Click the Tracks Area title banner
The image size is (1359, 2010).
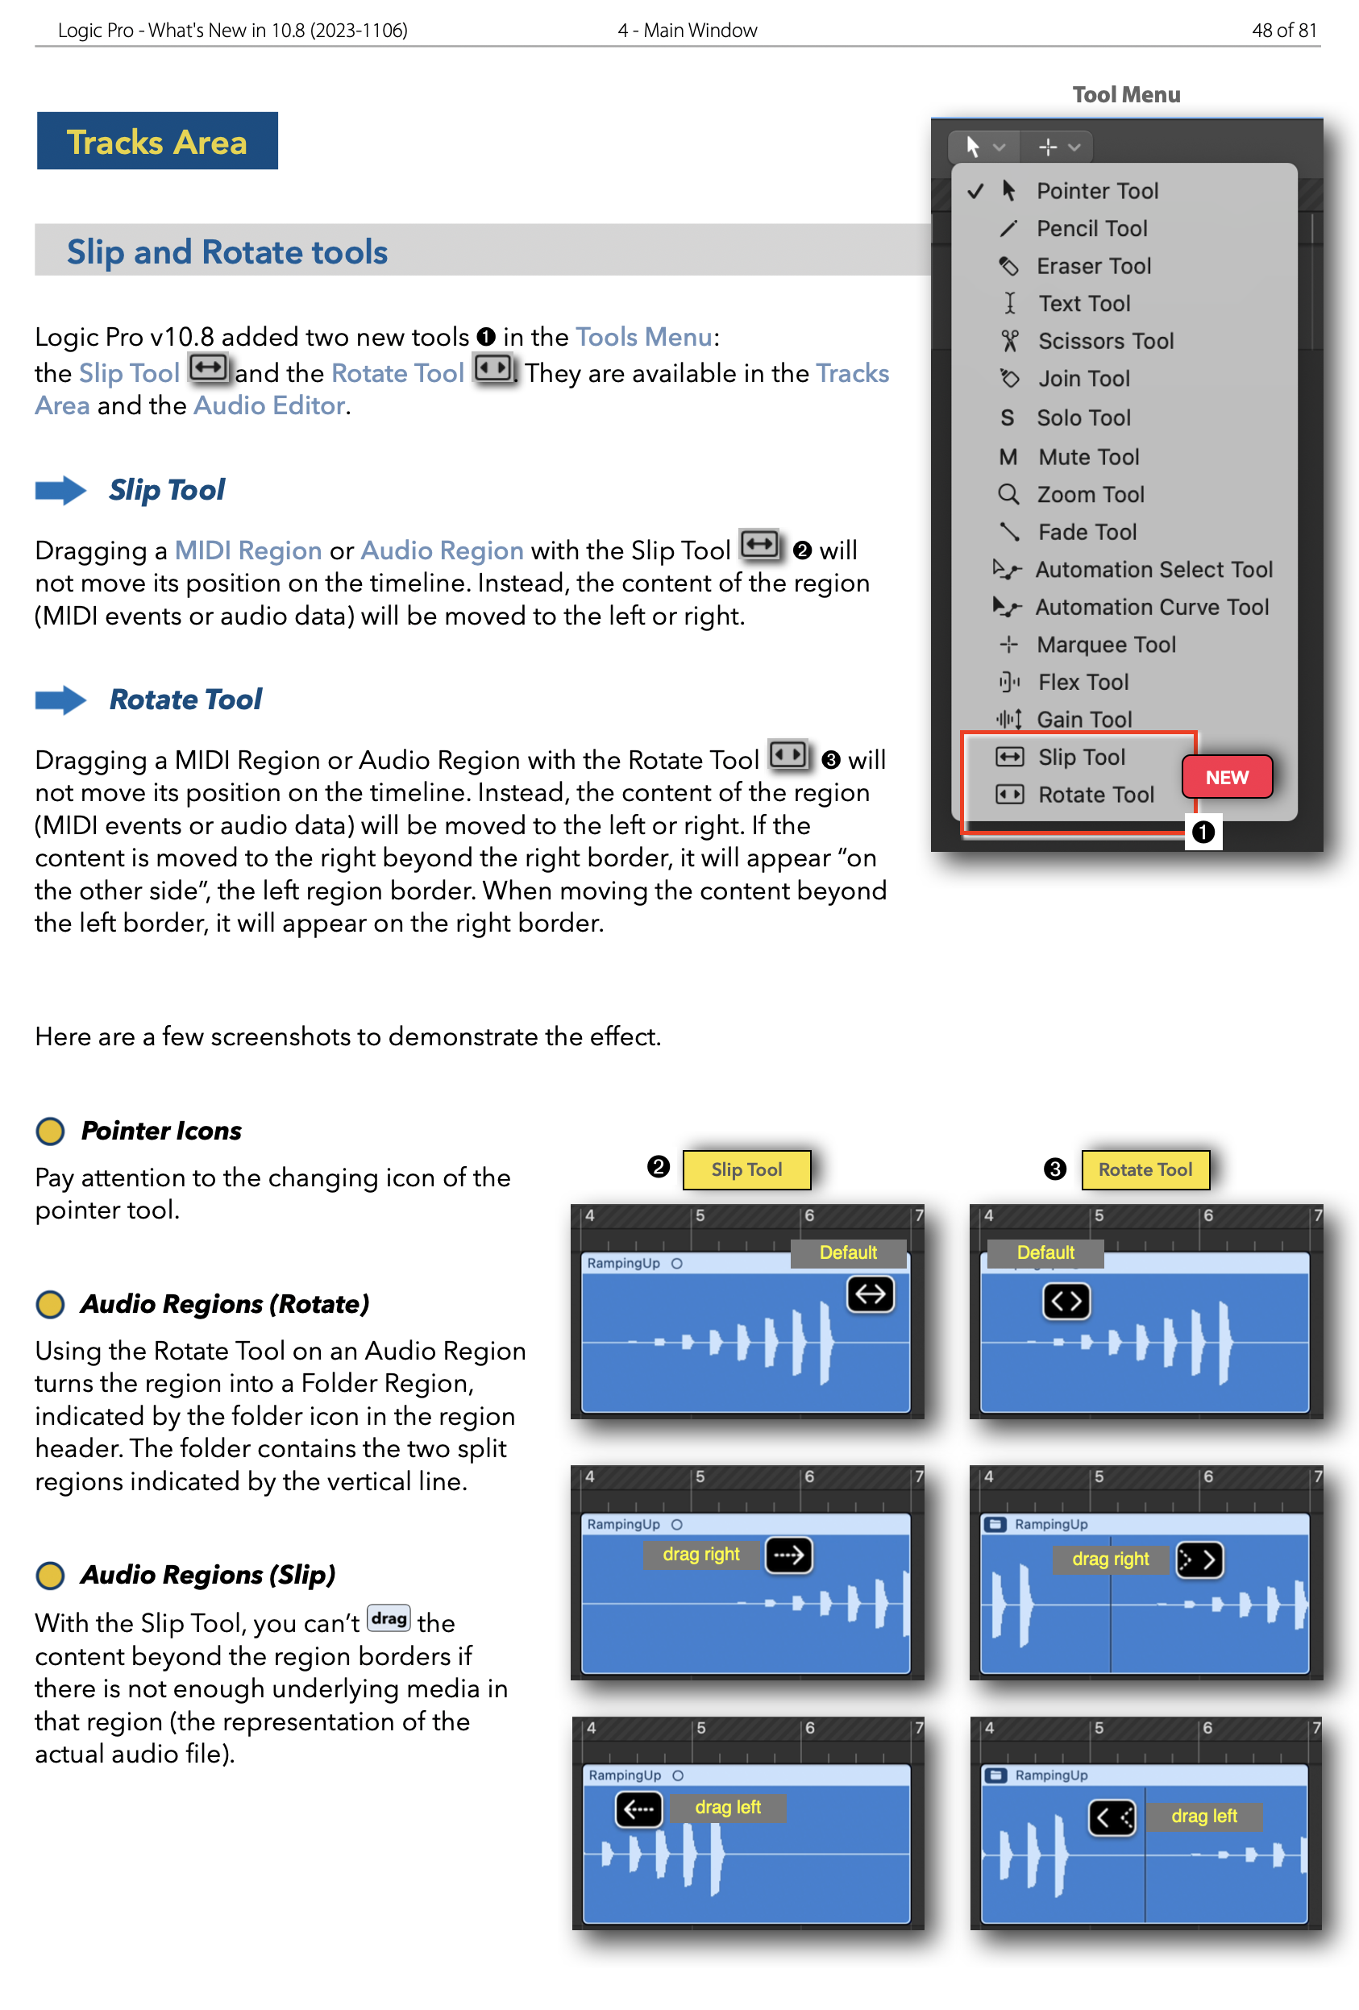pos(156,141)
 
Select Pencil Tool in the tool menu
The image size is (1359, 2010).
pos(1091,228)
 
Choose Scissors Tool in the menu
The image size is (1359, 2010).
pos(1104,341)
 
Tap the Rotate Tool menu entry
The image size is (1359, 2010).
pos(1095,795)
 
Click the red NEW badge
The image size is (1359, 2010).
pos(1226,777)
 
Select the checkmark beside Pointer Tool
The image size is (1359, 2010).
pos(975,191)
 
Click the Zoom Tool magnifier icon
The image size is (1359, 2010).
pos(1008,495)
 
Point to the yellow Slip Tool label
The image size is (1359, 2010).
pos(746,1169)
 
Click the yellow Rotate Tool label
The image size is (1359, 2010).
pos(1145,1169)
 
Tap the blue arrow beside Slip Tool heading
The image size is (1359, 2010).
pos(60,490)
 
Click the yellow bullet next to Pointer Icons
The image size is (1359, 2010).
pos(50,1131)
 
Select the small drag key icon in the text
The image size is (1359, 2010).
pos(389,1618)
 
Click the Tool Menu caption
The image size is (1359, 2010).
pos(1125,94)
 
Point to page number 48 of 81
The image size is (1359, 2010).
pos(1284,31)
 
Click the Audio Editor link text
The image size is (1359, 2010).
pos(270,405)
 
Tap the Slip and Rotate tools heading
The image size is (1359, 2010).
pos(227,251)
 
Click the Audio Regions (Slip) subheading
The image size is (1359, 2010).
pos(208,1575)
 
